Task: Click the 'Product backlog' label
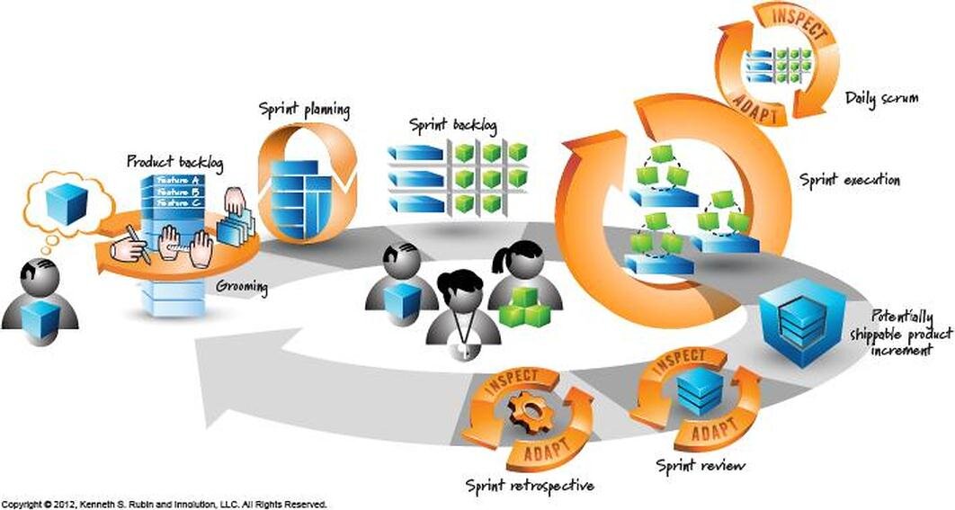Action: tap(174, 162)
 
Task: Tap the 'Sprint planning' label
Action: tap(304, 111)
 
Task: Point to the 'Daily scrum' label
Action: tap(882, 99)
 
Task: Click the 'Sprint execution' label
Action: tap(850, 180)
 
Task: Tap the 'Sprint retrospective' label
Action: tap(530, 486)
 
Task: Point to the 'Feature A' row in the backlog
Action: tap(180, 180)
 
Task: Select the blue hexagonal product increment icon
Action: tap(791, 319)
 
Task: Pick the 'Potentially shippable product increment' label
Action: tap(890, 334)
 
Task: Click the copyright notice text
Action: tap(164, 504)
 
